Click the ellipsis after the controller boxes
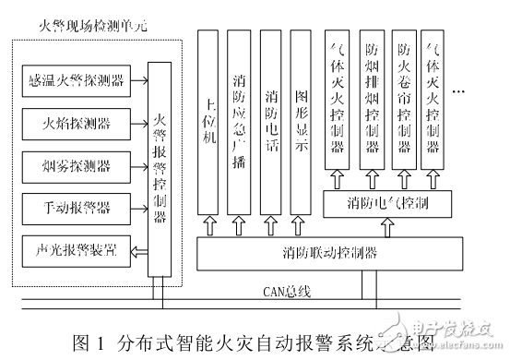click(x=462, y=93)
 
